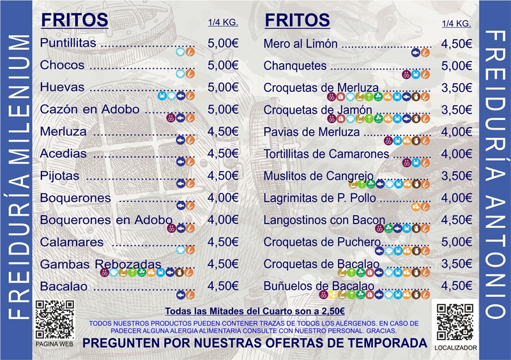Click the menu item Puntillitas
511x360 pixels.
tap(68, 43)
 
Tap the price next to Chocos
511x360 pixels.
tap(223, 65)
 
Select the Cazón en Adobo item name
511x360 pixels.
tap(89, 109)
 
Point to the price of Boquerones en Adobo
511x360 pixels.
tap(223, 220)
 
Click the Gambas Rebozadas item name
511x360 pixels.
tap(101, 264)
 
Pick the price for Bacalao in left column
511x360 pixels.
tap(223, 286)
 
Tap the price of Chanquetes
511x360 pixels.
tap(456, 66)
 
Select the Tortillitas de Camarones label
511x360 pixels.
tap(326, 154)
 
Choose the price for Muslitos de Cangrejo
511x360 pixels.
tap(456, 176)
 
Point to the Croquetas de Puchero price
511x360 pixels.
tap(456, 242)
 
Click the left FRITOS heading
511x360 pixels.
tap(74, 20)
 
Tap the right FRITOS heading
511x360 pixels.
tap(298, 20)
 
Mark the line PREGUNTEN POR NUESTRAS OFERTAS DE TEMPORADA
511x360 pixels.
tap(255, 343)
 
